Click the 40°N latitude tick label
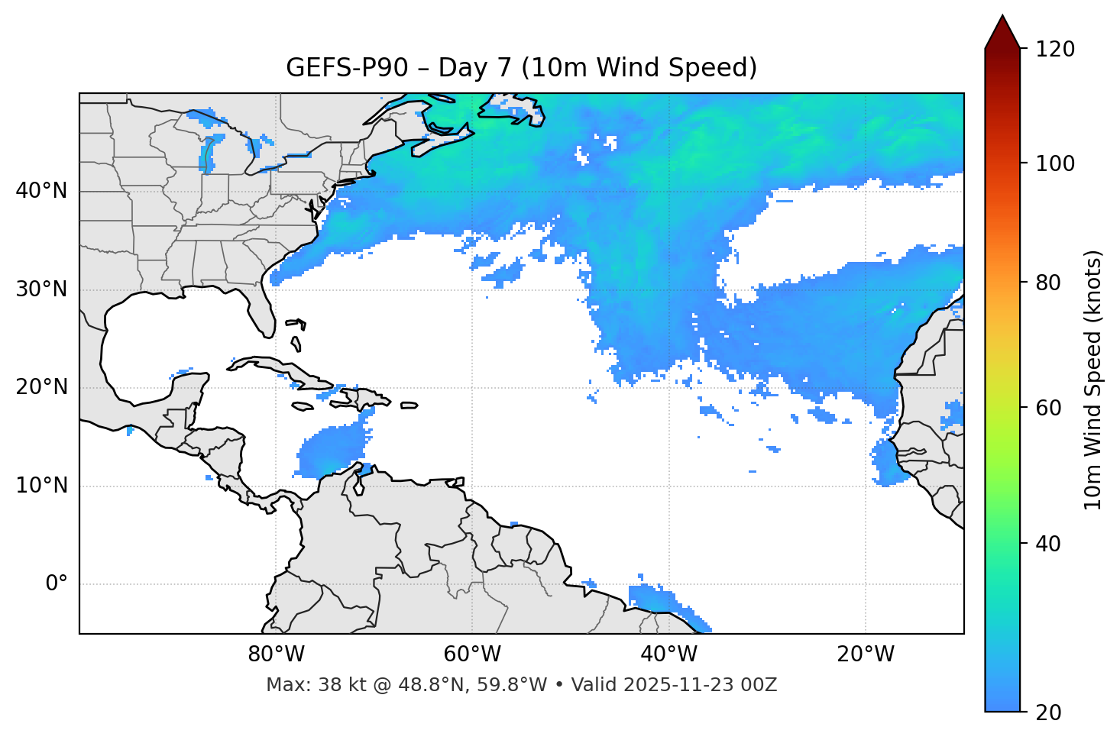[x=41, y=191]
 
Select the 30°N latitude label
[x=41, y=289]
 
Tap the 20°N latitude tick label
[x=41, y=387]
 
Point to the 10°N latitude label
[x=41, y=486]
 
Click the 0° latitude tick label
[x=57, y=584]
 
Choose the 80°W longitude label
[x=276, y=654]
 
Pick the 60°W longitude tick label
[x=472, y=654]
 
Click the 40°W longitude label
[x=668, y=654]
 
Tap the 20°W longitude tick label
[x=866, y=654]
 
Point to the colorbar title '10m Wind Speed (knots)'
[x=1093, y=380]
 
